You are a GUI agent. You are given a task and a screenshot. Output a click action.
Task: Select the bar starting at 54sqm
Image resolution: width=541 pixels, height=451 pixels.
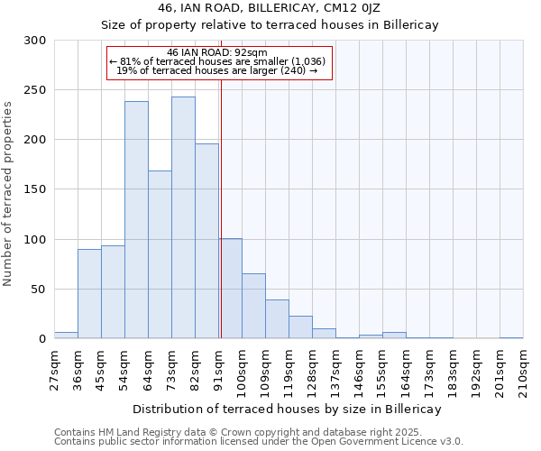136,220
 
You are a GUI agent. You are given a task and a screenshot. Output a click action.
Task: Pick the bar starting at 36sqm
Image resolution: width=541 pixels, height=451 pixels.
89,293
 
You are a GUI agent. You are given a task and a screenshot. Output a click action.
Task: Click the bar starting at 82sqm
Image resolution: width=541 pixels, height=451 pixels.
206,241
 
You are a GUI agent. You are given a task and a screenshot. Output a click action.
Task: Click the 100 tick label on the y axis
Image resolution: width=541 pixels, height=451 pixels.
35,240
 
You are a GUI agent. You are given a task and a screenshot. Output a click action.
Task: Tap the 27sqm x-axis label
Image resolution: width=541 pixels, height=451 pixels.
54,367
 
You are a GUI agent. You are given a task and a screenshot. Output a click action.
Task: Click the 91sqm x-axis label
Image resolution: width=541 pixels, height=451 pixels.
218,367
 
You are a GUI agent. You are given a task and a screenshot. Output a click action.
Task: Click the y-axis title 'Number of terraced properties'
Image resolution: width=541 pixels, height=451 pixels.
9,193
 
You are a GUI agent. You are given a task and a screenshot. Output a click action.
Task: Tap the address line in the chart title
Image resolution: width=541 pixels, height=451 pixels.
270,7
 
